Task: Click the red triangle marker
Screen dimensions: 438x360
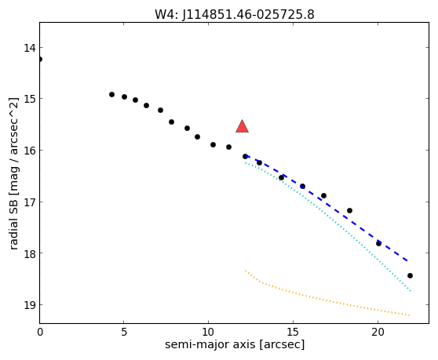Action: point(242,126)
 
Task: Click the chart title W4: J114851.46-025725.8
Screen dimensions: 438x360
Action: point(235,14)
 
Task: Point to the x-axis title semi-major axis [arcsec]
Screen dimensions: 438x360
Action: point(235,344)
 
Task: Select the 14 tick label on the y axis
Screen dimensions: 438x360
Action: point(30,48)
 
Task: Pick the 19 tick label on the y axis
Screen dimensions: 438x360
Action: point(30,305)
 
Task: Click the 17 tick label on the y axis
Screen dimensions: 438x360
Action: point(30,202)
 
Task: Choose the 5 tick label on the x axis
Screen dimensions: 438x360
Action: point(124,332)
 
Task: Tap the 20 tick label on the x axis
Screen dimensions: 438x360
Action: point(378,332)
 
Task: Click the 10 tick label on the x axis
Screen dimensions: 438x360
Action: point(208,332)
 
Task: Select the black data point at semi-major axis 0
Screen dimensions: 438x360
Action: point(40,59)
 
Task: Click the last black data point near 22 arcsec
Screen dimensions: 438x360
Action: point(410,276)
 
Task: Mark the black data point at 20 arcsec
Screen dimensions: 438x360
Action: point(378,243)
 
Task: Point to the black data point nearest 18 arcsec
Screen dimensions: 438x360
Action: point(349,210)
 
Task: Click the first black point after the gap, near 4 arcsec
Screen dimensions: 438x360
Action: point(111,95)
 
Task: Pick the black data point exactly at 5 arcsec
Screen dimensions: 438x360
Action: point(124,96)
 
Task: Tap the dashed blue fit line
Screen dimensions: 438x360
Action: point(327,208)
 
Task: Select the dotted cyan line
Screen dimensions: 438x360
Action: point(327,226)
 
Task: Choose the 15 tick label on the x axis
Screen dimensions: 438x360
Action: point(293,332)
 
